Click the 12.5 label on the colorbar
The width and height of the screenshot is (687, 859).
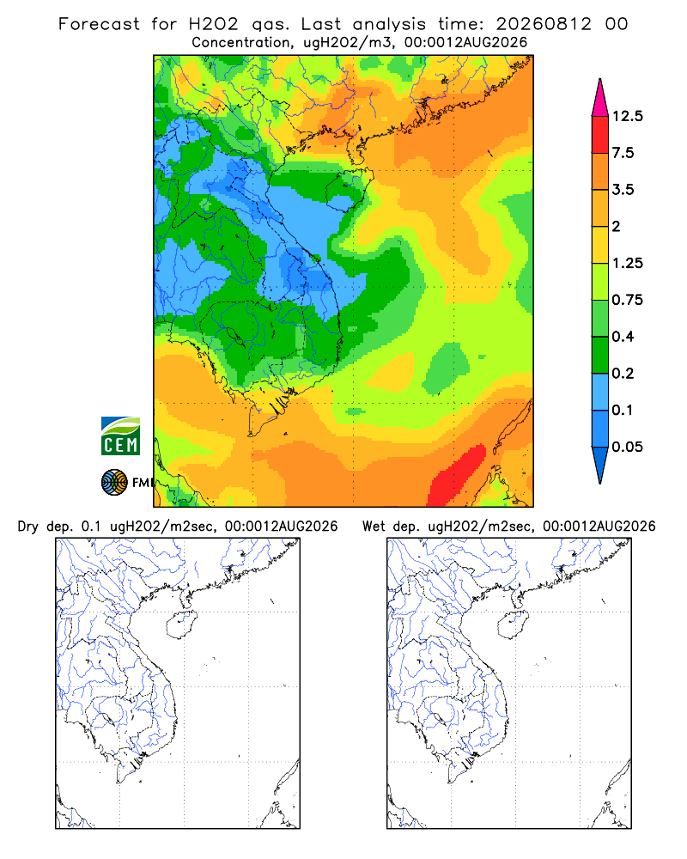627,116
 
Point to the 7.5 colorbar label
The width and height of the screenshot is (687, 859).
623,153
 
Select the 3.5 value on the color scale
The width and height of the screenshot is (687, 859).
623,190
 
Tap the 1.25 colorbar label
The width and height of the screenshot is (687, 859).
627,263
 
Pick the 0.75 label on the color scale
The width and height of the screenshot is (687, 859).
627,300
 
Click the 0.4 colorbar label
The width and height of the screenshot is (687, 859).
623,337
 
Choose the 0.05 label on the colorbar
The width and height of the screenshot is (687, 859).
627,447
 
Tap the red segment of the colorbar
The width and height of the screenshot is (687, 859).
600,135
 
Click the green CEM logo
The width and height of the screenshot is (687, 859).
120,436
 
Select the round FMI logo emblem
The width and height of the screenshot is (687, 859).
114,482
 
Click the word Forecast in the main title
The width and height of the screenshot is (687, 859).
99,24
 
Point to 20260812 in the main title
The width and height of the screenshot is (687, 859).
544,24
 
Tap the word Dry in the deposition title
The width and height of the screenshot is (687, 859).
28,527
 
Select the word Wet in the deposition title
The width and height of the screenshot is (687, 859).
374,527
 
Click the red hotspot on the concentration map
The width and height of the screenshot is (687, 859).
456,476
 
